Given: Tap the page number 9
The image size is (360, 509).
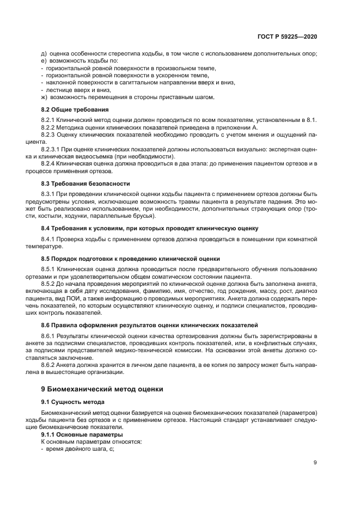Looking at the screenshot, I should click(315, 463).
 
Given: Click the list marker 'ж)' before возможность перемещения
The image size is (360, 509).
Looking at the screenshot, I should click(44, 97).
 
